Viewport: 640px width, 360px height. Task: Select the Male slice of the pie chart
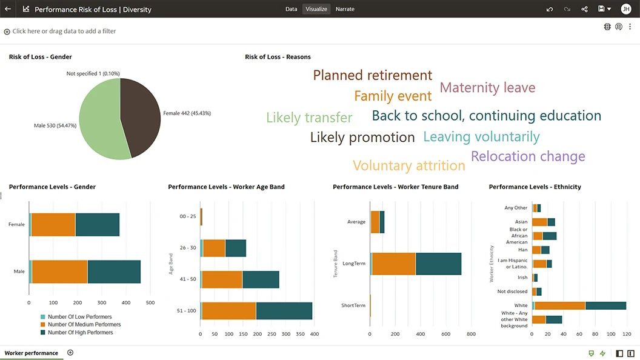pyautogui.click(x=100, y=118)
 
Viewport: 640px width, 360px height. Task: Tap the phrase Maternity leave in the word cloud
pyautogui.click(x=487, y=87)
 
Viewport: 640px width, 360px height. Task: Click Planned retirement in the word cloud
pyautogui.click(x=372, y=75)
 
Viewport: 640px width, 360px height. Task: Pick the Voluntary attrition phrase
pyautogui.click(x=408, y=165)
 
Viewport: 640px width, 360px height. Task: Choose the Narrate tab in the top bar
pyautogui.click(x=345, y=9)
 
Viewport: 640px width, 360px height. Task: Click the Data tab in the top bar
pyautogui.click(x=291, y=9)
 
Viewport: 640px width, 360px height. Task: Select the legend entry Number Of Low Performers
pyautogui.click(x=79, y=317)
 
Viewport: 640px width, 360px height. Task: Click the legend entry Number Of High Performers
pyautogui.click(x=80, y=332)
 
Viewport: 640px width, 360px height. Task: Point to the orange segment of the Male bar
pyautogui.click(x=59, y=272)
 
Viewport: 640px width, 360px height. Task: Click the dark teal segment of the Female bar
pyautogui.click(x=97, y=224)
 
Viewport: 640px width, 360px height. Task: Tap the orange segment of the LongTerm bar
pyautogui.click(x=394, y=264)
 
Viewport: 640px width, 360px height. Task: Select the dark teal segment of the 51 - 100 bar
pyautogui.click(x=284, y=310)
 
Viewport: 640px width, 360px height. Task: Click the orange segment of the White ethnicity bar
pyautogui.click(x=560, y=305)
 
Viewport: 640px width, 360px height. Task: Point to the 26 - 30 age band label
pyautogui.click(x=188, y=248)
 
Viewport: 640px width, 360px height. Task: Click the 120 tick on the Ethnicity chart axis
pyautogui.click(x=627, y=334)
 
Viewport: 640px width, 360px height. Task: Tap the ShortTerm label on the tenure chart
pyautogui.click(x=353, y=305)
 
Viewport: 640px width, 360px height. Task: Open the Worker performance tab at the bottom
pyautogui.click(x=32, y=353)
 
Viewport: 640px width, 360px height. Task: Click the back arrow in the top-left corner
pyautogui.click(x=8, y=9)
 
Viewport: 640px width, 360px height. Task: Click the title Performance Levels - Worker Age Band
pyautogui.click(x=226, y=187)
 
